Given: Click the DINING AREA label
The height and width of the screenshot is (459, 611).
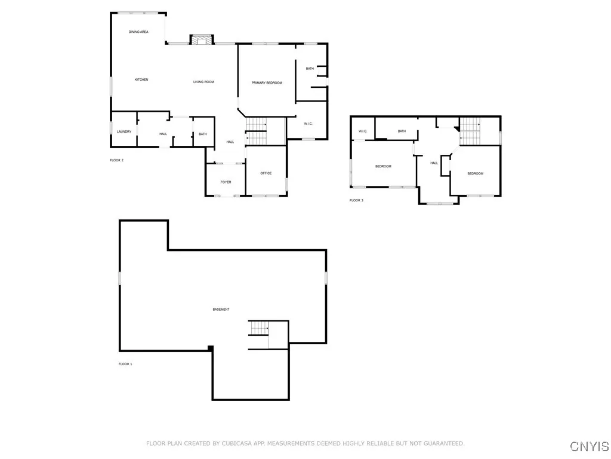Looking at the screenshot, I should tap(138, 32).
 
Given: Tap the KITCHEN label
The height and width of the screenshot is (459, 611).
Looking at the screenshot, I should tap(141, 79).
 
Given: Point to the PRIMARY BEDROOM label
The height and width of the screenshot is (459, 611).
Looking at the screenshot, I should tap(267, 82).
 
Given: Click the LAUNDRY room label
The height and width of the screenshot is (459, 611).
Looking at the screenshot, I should tap(124, 131).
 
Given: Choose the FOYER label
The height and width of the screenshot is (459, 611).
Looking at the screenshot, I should tap(226, 182).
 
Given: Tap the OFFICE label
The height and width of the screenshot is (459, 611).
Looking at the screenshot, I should tap(266, 173).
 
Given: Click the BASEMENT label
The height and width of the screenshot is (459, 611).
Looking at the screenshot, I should tap(221, 309).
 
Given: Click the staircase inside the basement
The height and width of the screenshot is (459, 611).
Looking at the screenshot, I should tap(258, 328).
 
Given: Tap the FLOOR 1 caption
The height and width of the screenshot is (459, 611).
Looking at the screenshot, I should tap(125, 363).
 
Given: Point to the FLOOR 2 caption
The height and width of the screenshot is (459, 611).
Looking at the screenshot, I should tap(116, 160).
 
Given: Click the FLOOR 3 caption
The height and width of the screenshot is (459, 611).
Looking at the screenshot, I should tap(356, 200).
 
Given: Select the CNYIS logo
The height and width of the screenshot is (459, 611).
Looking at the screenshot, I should tap(589, 446).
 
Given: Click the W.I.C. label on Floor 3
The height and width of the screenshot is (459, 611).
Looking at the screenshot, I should tap(362, 131).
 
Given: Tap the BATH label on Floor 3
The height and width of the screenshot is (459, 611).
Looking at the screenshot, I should tap(402, 131).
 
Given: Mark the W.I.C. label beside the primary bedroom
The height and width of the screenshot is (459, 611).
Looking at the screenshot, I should tap(308, 124).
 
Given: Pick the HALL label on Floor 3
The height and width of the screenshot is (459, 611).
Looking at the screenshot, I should tap(434, 163).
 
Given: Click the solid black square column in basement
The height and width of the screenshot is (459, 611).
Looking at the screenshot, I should tap(210, 348).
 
